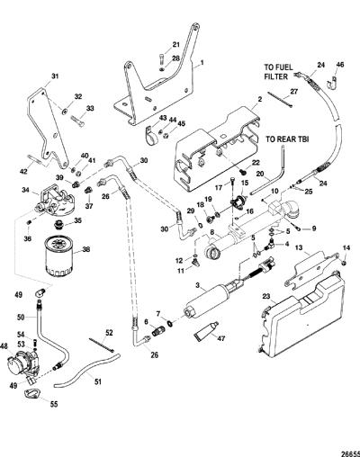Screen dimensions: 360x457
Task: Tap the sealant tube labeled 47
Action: coord(207,331)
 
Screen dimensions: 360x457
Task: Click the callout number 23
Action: coord(265,296)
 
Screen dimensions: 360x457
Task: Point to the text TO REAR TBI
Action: coord(287,139)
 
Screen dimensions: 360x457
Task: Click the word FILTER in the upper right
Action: coord(275,76)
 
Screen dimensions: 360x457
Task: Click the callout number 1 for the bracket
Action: coord(202,63)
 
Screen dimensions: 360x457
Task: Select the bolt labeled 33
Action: coord(77,121)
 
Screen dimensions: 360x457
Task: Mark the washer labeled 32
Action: coord(65,112)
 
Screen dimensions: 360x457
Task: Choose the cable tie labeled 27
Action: coord(280,100)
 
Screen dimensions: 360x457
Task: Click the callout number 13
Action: coord(308,247)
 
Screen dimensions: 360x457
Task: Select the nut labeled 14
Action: coord(345,263)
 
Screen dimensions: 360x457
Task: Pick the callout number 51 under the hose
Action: coord(98,381)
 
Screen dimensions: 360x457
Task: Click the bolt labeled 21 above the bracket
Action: coord(162,59)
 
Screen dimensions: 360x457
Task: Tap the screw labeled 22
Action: coord(243,172)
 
